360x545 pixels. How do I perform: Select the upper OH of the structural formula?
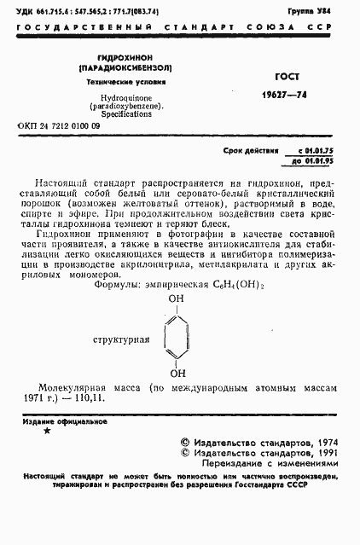click(x=176, y=299)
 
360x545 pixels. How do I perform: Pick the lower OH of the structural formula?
click(x=176, y=372)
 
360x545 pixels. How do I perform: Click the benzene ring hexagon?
click(x=175, y=336)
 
